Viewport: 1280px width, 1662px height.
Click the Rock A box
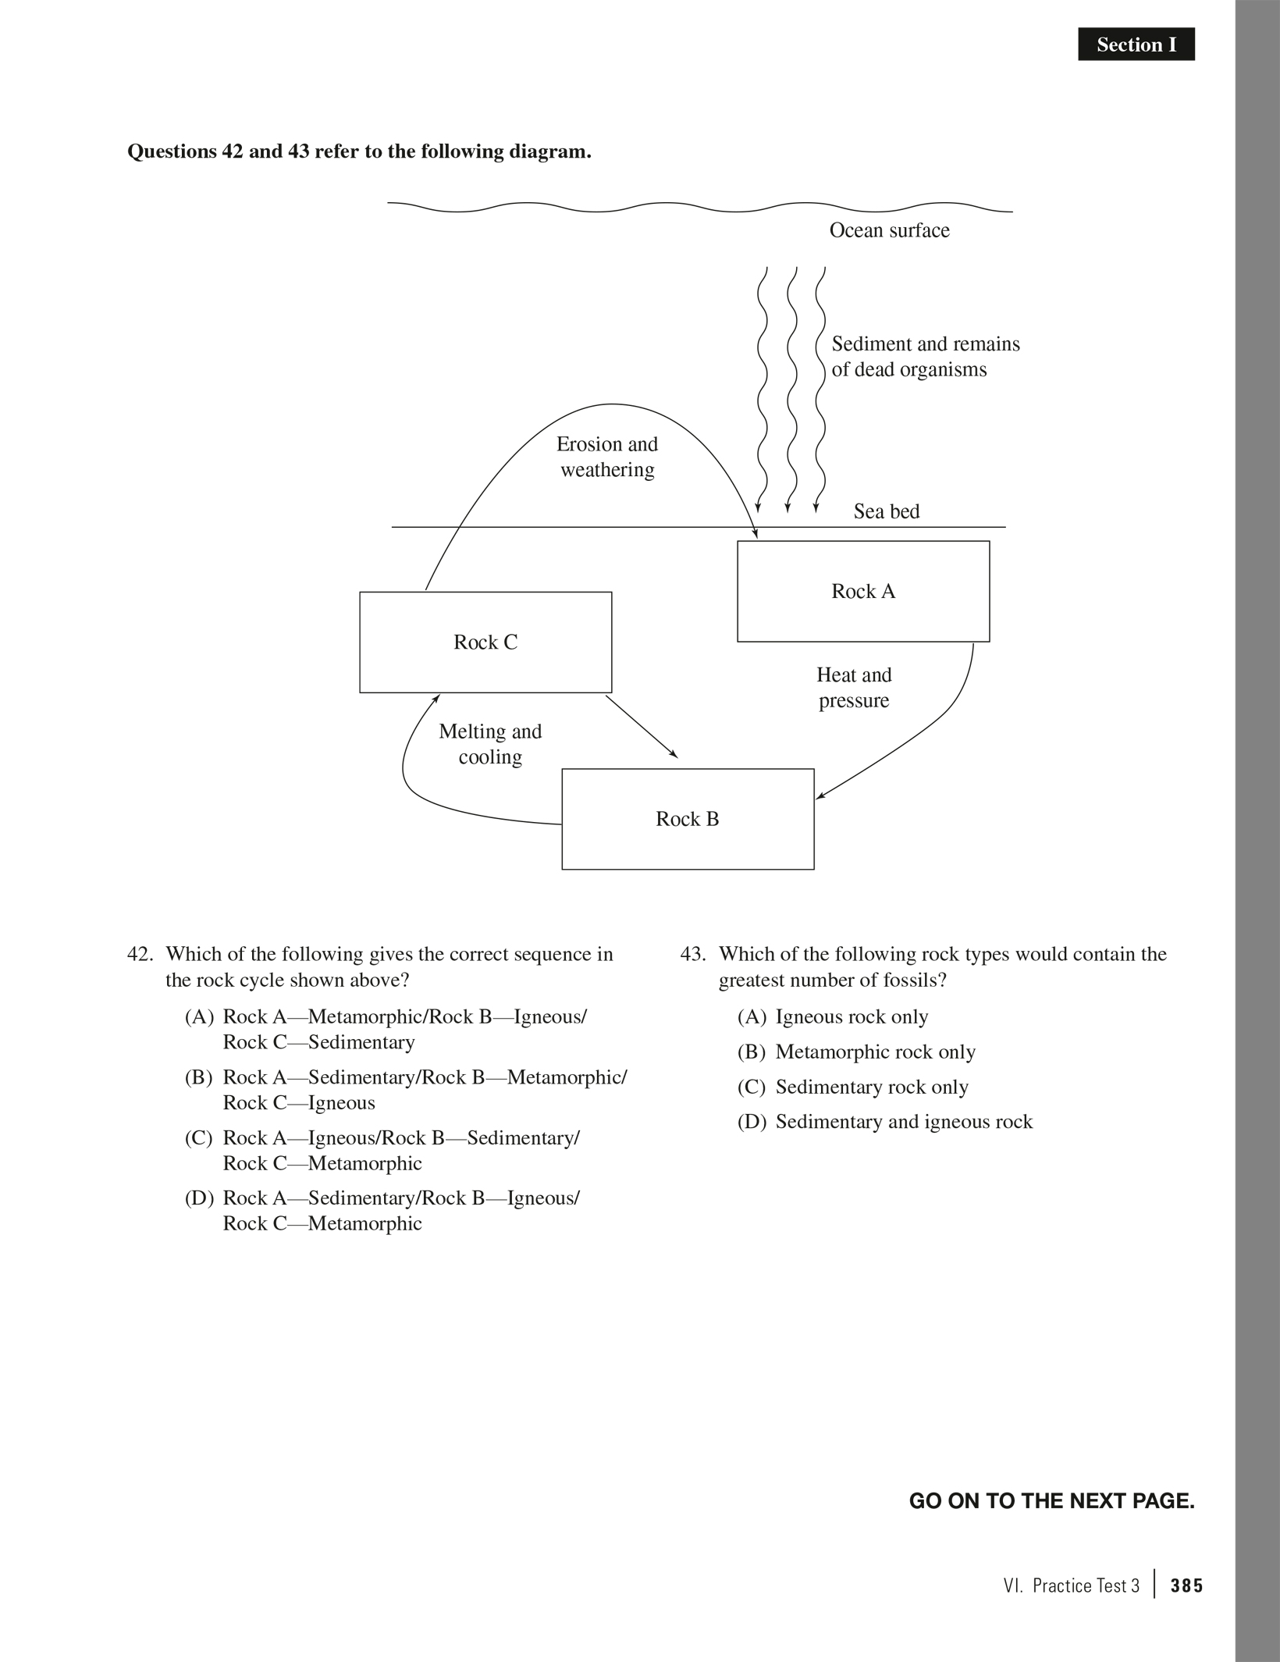(863, 592)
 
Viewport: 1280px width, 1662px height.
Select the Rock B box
(688, 819)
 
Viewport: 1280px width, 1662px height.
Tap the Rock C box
(485, 642)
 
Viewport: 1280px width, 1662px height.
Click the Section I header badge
(1136, 44)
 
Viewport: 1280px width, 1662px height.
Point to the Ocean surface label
(889, 230)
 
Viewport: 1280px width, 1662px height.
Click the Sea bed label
(886, 511)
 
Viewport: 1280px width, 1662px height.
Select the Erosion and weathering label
(607, 457)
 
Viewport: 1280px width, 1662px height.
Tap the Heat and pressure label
(854, 688)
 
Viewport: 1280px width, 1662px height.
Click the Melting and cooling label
(490, 744)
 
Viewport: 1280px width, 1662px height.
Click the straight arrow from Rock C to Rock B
(642, 727)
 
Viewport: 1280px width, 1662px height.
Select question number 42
(140, 955)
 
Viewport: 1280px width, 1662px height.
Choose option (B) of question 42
(406, 1090)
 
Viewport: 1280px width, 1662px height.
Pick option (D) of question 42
(382, 1211)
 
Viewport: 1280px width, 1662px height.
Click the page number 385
(1186, 1585)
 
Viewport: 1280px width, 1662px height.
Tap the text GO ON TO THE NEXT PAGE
(1051, 1501)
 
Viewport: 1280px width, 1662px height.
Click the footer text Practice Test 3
(1085, 1585)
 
